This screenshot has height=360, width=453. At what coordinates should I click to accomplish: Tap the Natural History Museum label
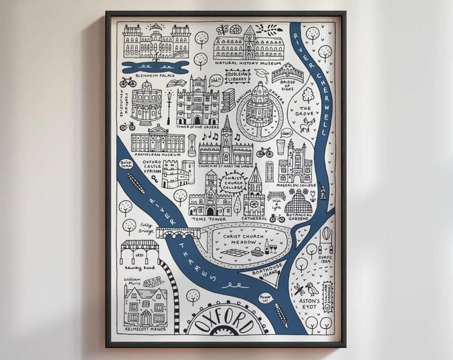248,64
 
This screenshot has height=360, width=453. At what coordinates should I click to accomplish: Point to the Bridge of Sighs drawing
287,71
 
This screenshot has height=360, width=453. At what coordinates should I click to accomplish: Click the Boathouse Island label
264,271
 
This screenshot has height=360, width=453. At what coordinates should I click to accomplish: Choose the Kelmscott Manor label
145,328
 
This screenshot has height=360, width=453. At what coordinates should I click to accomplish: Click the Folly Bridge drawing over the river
178,233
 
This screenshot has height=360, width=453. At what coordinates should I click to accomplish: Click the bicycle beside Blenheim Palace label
128,83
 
